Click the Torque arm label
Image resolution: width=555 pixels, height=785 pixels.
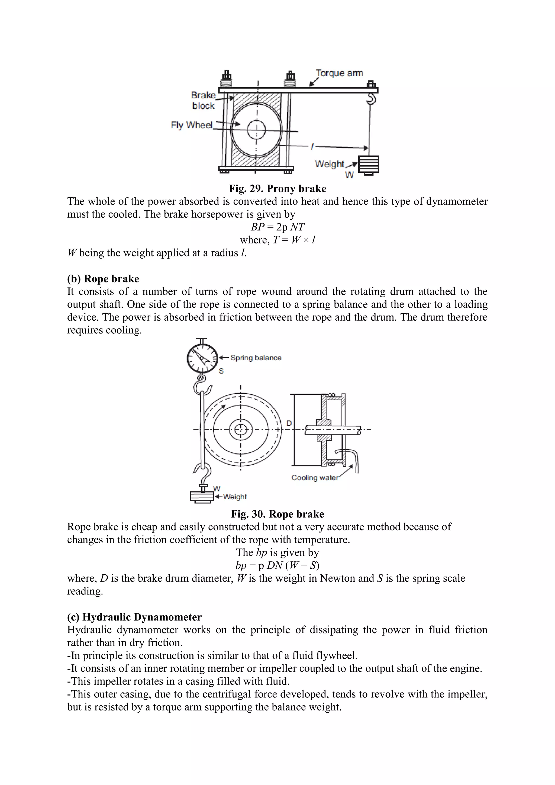(339, 73)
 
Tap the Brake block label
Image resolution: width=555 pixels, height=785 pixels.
(203, 100)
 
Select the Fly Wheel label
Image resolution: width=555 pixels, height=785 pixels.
(192, 125)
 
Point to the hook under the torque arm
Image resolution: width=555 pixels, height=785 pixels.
(372, 99)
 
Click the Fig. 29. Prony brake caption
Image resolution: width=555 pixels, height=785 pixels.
(277, 189)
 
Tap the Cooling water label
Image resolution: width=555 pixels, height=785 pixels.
(314, 478)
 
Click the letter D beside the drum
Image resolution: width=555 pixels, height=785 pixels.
(289, 423)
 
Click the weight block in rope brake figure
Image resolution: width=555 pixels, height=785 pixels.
(202, 496)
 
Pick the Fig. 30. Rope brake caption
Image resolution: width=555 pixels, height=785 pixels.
(277, 514)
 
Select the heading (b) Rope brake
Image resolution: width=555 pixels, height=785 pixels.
(103, 279)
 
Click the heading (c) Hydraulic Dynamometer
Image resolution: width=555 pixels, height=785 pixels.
(134, 617)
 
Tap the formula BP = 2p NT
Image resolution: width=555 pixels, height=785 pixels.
(277, 227)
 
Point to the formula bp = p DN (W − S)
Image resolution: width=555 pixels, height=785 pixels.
(277, 565)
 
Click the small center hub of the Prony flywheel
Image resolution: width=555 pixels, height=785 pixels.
(256, 130)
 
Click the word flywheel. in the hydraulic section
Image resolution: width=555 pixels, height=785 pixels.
(337, 656)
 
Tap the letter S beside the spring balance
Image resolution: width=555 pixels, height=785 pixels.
(221, 371)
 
